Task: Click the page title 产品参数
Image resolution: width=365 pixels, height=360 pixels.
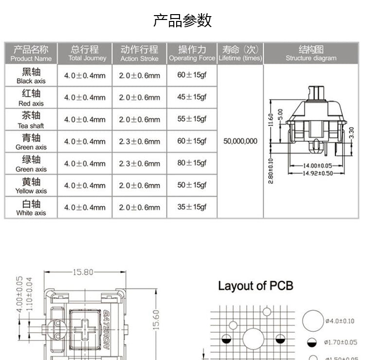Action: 182,20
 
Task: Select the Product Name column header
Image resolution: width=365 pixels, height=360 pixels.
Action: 31,53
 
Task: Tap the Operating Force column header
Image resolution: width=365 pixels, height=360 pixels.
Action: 192,53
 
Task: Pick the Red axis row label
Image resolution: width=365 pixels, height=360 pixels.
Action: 31,97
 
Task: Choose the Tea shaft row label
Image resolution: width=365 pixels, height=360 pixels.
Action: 31,119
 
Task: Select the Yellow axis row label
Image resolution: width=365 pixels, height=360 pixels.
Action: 31,186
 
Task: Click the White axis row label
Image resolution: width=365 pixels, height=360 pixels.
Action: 31,208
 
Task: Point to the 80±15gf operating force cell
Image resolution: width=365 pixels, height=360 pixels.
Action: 192,163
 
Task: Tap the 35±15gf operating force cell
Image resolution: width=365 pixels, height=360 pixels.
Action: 192,207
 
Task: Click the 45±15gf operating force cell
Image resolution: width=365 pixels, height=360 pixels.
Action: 192,97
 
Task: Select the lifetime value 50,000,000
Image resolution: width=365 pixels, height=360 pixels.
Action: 240,141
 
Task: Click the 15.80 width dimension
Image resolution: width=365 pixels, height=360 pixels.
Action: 83,272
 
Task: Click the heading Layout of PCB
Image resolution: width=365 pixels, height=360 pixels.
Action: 255,285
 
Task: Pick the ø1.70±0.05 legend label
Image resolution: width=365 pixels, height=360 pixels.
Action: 341,342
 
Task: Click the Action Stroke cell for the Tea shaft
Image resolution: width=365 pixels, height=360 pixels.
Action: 139,119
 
